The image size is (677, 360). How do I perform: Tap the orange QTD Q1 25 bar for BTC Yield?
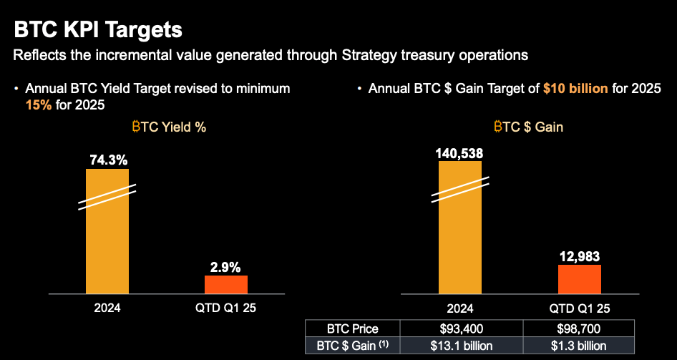225,284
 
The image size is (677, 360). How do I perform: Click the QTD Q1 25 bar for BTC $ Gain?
579,279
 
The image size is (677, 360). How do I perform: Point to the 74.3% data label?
107,159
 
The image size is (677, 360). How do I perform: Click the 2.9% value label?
225,266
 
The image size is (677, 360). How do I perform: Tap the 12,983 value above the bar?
579,256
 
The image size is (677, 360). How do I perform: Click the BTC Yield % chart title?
169,127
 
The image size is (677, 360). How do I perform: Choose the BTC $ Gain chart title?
528,127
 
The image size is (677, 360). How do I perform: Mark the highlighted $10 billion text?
575,89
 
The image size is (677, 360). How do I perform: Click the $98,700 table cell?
579,329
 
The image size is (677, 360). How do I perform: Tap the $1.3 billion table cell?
579,346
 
